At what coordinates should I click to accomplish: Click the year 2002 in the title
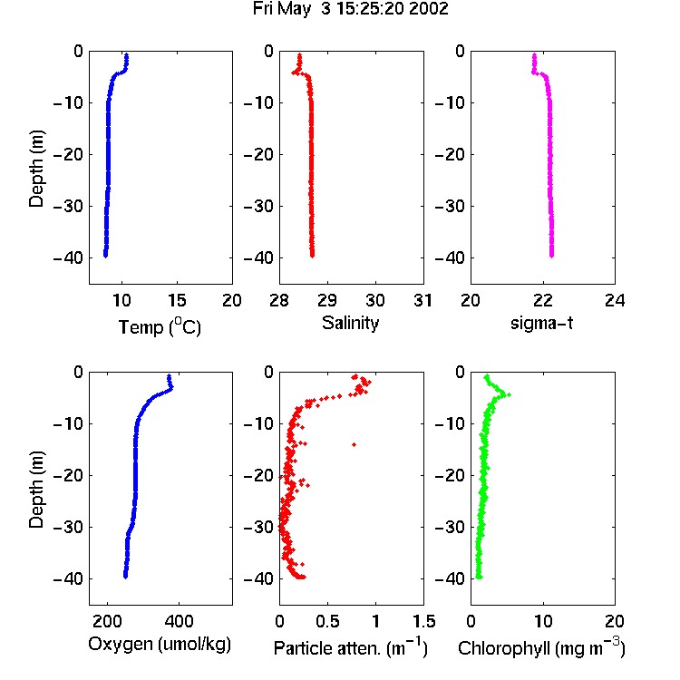click(429, 9)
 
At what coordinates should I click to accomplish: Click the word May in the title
click(295, 10)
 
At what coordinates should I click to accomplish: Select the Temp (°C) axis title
click(160, 327)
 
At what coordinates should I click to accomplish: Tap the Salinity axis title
click(350, 324)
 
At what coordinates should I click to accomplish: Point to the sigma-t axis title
click(541, 323)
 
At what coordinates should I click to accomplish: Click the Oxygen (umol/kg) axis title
click(160, 645)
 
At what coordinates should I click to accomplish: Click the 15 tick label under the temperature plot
click(177, 300)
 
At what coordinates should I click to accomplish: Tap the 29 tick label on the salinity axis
click(327, 300)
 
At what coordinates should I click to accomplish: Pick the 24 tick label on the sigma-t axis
click(615, 300)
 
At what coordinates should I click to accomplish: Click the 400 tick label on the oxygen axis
click(180, 621)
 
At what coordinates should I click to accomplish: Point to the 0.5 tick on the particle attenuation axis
click(327, 621)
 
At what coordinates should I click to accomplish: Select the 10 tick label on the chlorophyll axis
click(543, 621)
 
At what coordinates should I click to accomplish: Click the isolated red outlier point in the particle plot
click(355, 444)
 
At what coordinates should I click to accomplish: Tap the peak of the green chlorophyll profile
click(509, 394)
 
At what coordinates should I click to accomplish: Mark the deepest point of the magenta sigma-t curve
click(551, 256)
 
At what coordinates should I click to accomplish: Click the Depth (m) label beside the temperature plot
click(37, 169)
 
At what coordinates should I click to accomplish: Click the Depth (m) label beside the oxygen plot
click(37, 490)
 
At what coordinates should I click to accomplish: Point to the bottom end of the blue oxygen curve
click(125, 577)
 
